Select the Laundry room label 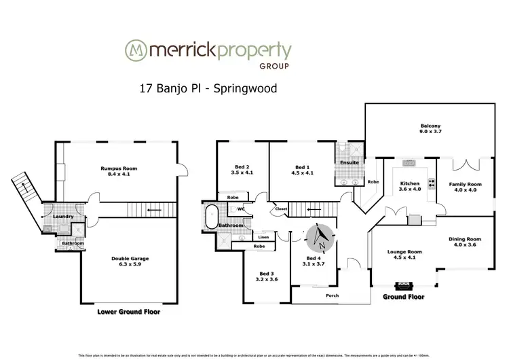click(x=53, y=217)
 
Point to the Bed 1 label click(x=303, y=169)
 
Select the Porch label click(x=333, y=295)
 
